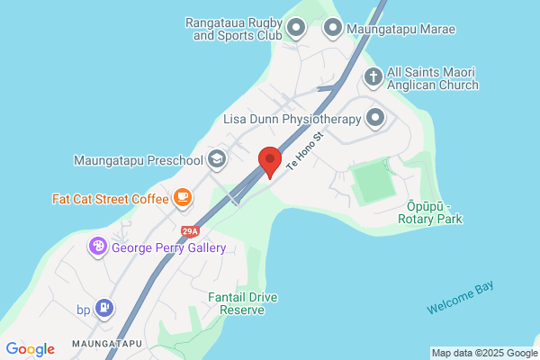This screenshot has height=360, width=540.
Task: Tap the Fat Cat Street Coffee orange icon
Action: [182, 196]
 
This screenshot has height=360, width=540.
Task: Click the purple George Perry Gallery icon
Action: [97, 246]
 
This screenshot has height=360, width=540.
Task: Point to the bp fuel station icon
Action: [105, 309]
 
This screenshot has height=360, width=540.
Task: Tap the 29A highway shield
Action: [188, 231]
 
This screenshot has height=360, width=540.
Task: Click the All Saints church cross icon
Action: [373, 77]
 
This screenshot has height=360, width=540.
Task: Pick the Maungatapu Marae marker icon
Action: [332, 29]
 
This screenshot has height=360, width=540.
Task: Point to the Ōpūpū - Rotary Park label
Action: [428, 212]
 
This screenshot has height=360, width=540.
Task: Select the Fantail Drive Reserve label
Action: [236, 302]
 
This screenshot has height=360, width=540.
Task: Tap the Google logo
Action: [30, 349]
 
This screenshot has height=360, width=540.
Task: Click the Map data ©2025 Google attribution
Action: [483, 352]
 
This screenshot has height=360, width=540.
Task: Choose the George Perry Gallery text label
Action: [168, 247]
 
